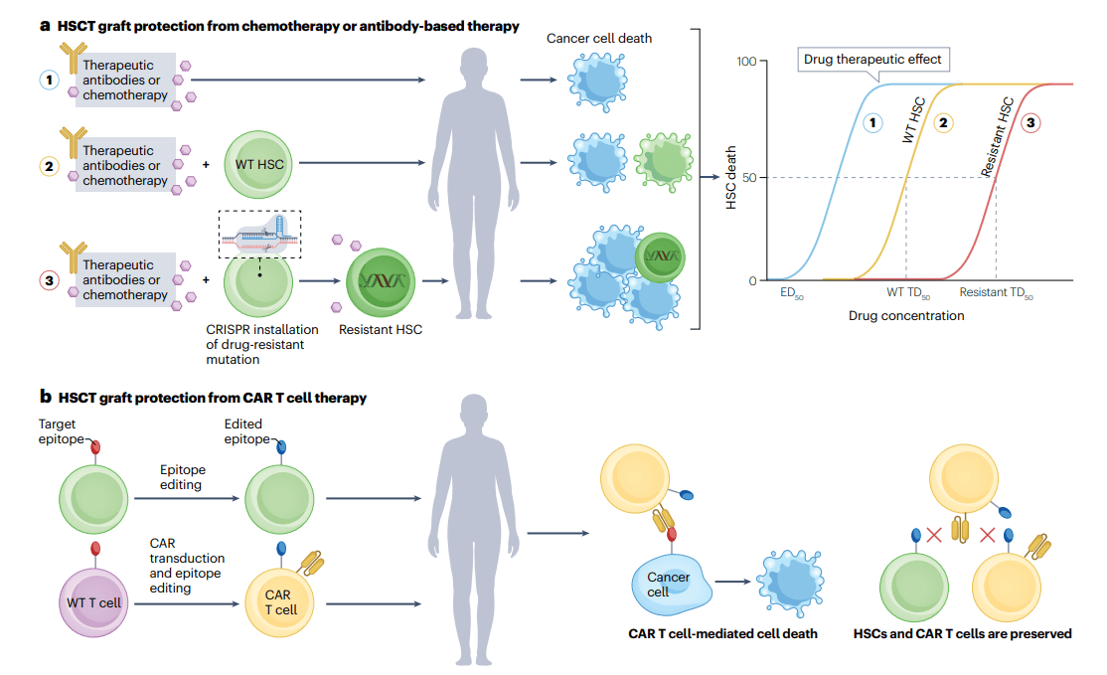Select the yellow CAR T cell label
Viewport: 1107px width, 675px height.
pos(279,602)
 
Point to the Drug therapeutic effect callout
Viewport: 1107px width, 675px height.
pos(872,60)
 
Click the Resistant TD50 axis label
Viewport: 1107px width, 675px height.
pos(996,295)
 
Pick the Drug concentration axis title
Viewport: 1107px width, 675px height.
pos(906,316)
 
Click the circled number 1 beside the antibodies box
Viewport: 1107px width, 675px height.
pos(48,80)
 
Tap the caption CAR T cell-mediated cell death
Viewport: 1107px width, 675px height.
pos(722,633)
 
